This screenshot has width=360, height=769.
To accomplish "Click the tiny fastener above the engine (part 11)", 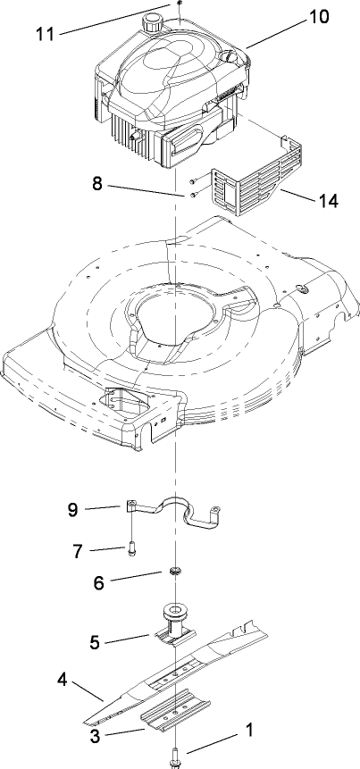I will coord(179,4).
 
